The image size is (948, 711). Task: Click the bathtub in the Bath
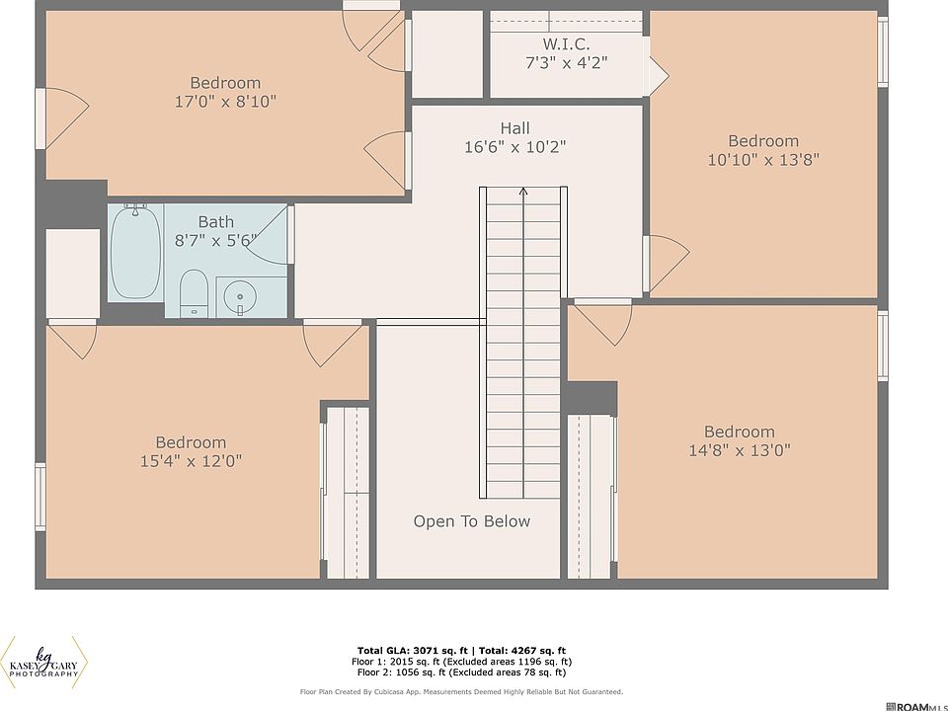[x=136, y=252]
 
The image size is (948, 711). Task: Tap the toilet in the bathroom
[x=195, y=293]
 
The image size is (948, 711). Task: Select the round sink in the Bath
[x=240, y=297]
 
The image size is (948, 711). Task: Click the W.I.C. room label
[x=567, y=43]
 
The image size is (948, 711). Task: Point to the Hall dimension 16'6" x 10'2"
[x=515, y=147]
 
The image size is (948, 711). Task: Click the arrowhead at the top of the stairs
[x=523, y=192]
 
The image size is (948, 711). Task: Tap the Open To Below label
[x=472, y=521]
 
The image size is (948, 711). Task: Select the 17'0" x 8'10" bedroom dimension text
[x=225, y=101]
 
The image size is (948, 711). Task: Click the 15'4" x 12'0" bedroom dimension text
[x=191, y=461]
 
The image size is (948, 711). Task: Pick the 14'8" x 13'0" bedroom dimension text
[x=740, y=450]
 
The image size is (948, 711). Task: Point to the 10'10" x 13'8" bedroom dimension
[x=763, y=160]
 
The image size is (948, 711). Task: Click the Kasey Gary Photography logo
[x=44, y=663]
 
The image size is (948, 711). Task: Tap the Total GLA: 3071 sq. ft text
[x=413, y=651]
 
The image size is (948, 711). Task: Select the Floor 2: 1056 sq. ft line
[x=461, y=671]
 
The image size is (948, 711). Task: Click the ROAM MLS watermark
[x=916, y=706]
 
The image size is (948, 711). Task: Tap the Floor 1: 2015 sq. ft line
[x=461, y=662]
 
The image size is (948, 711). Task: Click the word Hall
[x=515, y=128]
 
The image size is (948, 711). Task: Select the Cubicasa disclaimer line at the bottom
[x=461, y=691]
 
